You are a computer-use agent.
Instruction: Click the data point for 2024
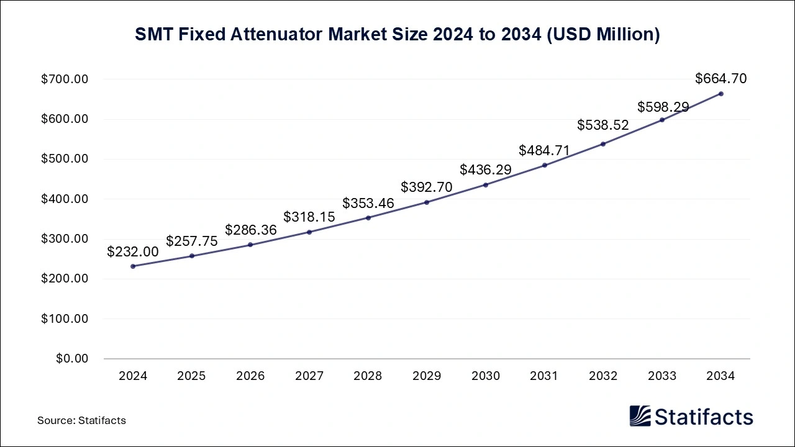click(133, 266)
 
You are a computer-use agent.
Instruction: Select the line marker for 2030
click(486, 185)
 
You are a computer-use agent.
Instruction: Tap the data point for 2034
click(720, 94)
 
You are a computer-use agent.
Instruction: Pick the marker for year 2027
click(309, 232)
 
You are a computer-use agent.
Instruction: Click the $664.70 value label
click(720, 79)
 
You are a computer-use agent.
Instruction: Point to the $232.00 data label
click(133, 252)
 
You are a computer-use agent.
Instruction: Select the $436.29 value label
click(486, 170)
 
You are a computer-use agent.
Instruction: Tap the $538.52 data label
click(603, 125)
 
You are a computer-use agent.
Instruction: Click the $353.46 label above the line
click(368, 204)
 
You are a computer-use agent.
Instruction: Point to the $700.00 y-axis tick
click(65, 79)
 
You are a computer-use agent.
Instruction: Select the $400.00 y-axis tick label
click(65, 199)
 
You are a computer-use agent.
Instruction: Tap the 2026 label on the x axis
click(250, 376)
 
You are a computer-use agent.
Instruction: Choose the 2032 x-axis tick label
click(603, 376)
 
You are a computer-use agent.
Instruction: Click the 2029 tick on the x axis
click(427, 376)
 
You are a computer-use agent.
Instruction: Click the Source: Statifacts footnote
click(81, 421)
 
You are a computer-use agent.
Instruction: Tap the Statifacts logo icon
click(640, 416)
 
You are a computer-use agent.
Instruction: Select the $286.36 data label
click(250, 230)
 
